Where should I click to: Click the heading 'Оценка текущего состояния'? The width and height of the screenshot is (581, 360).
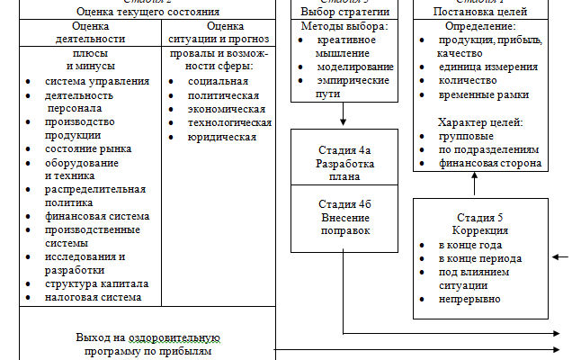(148, 12)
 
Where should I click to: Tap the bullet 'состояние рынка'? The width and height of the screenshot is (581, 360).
(88, 148)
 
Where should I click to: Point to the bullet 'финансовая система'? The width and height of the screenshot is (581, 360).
(97, 216)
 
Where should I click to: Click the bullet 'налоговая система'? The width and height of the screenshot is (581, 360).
(93, 296)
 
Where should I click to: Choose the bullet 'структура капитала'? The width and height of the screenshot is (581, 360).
(96, 283)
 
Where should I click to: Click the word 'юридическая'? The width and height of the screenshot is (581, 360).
(222, 137)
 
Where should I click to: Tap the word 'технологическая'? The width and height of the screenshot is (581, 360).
(229, 122)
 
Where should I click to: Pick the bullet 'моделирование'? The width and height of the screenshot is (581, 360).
(355, 67)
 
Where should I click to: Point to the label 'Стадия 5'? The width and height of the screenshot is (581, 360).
(479, 218)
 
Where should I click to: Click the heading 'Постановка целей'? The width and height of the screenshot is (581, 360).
(479, 12)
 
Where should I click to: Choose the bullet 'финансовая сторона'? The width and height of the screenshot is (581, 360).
(489, 163)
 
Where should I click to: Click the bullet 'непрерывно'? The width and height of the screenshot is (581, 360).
(469, 299)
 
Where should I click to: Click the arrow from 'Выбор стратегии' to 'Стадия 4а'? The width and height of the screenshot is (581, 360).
(343, 113)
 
